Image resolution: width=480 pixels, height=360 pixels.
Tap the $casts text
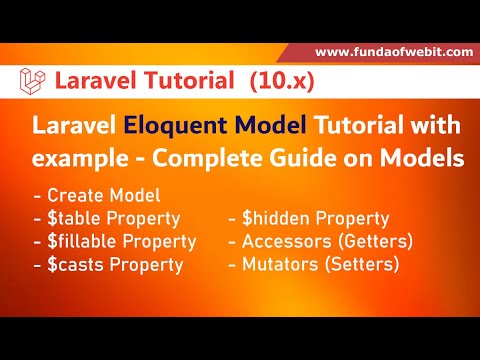tap(76, 265)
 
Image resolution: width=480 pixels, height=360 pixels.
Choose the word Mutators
tap(284, 265)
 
